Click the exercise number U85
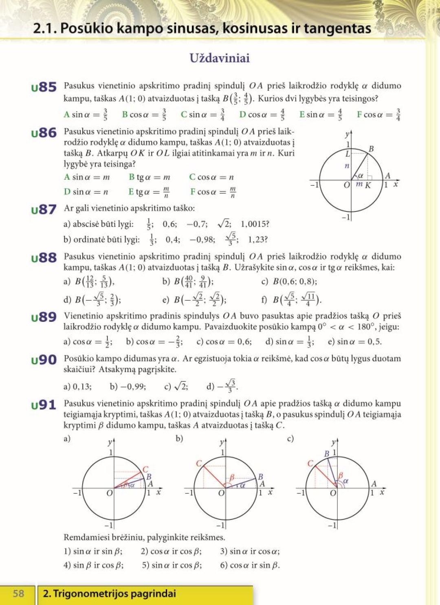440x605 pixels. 44,87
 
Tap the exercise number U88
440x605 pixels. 44,257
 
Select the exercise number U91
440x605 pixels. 44,405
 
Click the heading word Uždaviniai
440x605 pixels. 220,58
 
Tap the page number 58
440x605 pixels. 19,593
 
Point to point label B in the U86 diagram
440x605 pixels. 371,149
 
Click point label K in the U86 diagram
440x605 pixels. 368,185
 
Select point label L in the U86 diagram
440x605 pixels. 348,154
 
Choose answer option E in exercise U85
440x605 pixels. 320,114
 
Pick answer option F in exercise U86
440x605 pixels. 213,191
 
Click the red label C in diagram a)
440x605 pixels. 145,469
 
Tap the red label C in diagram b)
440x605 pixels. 199,463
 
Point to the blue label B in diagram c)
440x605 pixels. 326,453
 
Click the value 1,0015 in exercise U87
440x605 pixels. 255,224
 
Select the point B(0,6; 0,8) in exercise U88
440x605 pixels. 295,282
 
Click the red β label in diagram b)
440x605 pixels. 232,477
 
